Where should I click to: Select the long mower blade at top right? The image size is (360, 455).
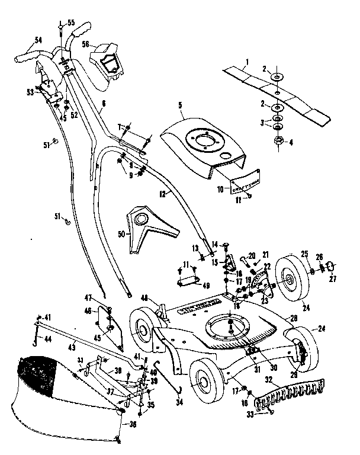point(278,95)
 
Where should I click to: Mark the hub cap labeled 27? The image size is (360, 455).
point(333,265)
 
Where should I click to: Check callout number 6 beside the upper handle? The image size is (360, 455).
point(104,103)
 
